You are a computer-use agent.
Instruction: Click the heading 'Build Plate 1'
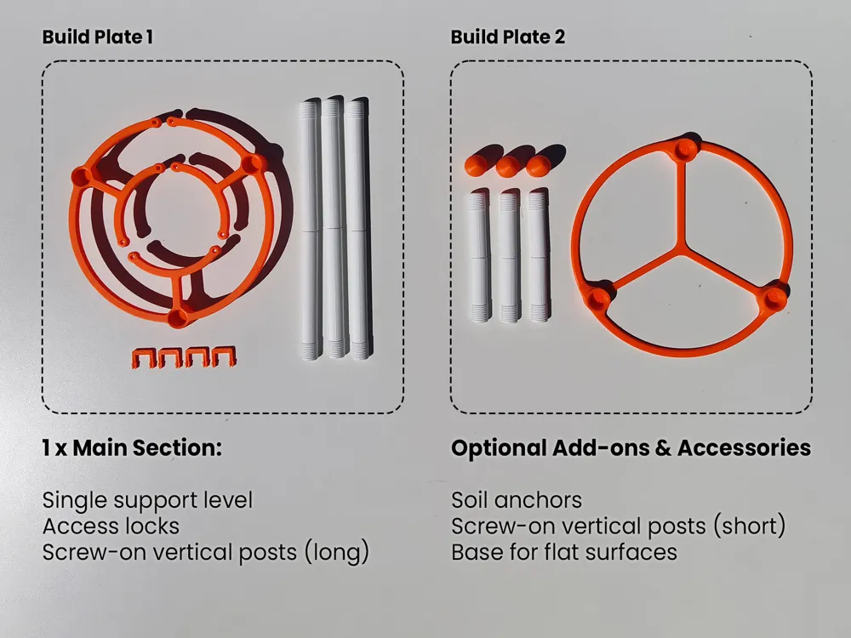(98, 37)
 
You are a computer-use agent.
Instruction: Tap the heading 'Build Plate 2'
(508, 37)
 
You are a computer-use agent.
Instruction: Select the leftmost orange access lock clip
(143, 358)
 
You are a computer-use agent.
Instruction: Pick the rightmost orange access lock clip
(224, 356)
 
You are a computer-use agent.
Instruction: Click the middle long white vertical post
(334, 228)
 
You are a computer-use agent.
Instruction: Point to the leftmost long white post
(311, 229)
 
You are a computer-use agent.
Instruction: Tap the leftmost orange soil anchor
(476, 165)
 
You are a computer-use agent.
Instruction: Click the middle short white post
(509, 255)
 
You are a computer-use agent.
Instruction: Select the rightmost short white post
(539, 255)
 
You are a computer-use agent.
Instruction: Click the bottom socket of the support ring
(178, 316)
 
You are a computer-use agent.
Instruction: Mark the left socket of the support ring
(83, 176)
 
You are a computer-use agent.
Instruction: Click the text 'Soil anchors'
(517, 500)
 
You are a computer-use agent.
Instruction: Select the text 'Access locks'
(111, 527)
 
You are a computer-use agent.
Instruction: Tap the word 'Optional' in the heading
(499, 448)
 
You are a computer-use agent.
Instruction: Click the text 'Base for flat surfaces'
(564, 552)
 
